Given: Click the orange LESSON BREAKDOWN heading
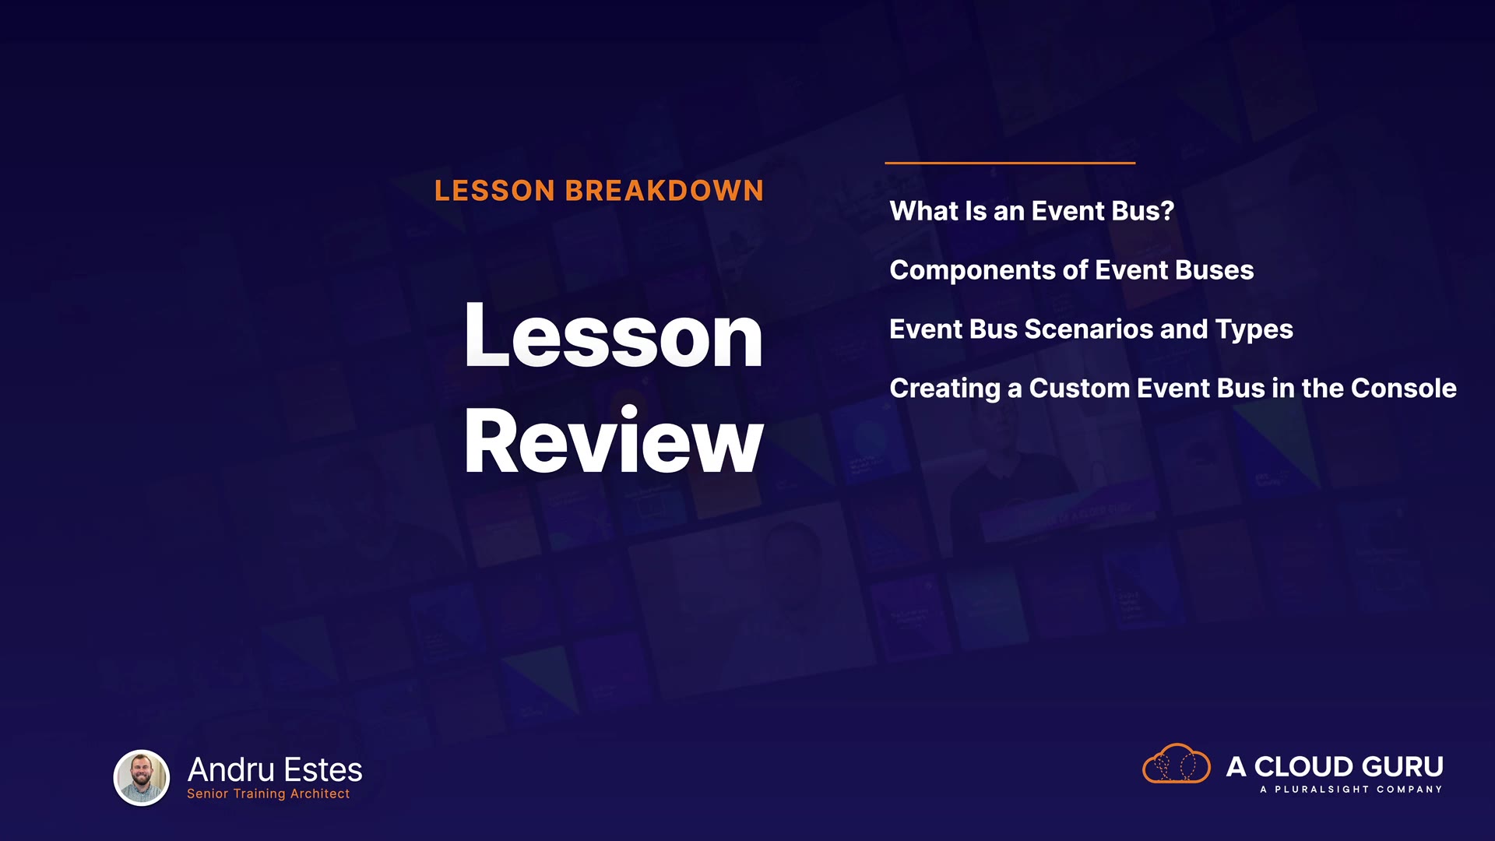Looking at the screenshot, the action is pos(599,191).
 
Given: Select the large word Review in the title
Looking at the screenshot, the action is pos(614,441).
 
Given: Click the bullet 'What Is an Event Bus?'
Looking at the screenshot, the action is pos(1032,211).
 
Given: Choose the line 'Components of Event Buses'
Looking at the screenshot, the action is pos(1071,270).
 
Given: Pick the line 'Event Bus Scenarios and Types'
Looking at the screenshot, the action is pos(1091,329).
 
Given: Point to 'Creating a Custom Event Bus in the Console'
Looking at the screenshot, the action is pos(1173,389).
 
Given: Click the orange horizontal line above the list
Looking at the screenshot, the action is pos(1010,163).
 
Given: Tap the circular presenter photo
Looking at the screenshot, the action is pos(142,777).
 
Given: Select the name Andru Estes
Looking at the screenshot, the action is pos(275,770).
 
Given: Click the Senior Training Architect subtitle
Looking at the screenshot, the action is pos(268,793).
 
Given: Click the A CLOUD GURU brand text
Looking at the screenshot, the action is pos(1335,767).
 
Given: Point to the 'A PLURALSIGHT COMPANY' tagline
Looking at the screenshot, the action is pos(1351,790).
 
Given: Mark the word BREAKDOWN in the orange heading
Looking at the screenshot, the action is pos(664,191).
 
